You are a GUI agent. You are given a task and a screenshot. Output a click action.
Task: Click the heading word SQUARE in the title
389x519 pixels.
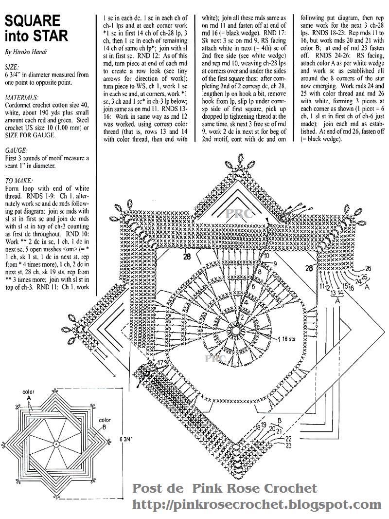point(33,20)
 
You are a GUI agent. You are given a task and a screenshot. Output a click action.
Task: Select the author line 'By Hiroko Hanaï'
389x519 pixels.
point(24,51)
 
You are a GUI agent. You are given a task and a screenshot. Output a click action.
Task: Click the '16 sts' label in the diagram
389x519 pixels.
point(288,337)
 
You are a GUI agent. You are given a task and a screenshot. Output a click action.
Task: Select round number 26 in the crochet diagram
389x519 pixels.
point(368,268)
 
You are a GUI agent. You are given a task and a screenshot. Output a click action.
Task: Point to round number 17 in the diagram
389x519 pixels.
point(160,363)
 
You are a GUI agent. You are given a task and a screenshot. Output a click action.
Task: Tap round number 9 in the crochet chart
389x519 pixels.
point(275,263)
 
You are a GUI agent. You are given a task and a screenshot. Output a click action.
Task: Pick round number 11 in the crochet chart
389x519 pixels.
point(322,287)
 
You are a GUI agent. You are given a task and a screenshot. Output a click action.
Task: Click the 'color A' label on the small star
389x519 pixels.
point(30,395)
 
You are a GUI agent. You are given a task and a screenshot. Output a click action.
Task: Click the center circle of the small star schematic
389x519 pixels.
point(56,443)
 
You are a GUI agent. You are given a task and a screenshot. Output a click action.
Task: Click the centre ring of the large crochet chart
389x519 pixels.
point(236,325)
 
